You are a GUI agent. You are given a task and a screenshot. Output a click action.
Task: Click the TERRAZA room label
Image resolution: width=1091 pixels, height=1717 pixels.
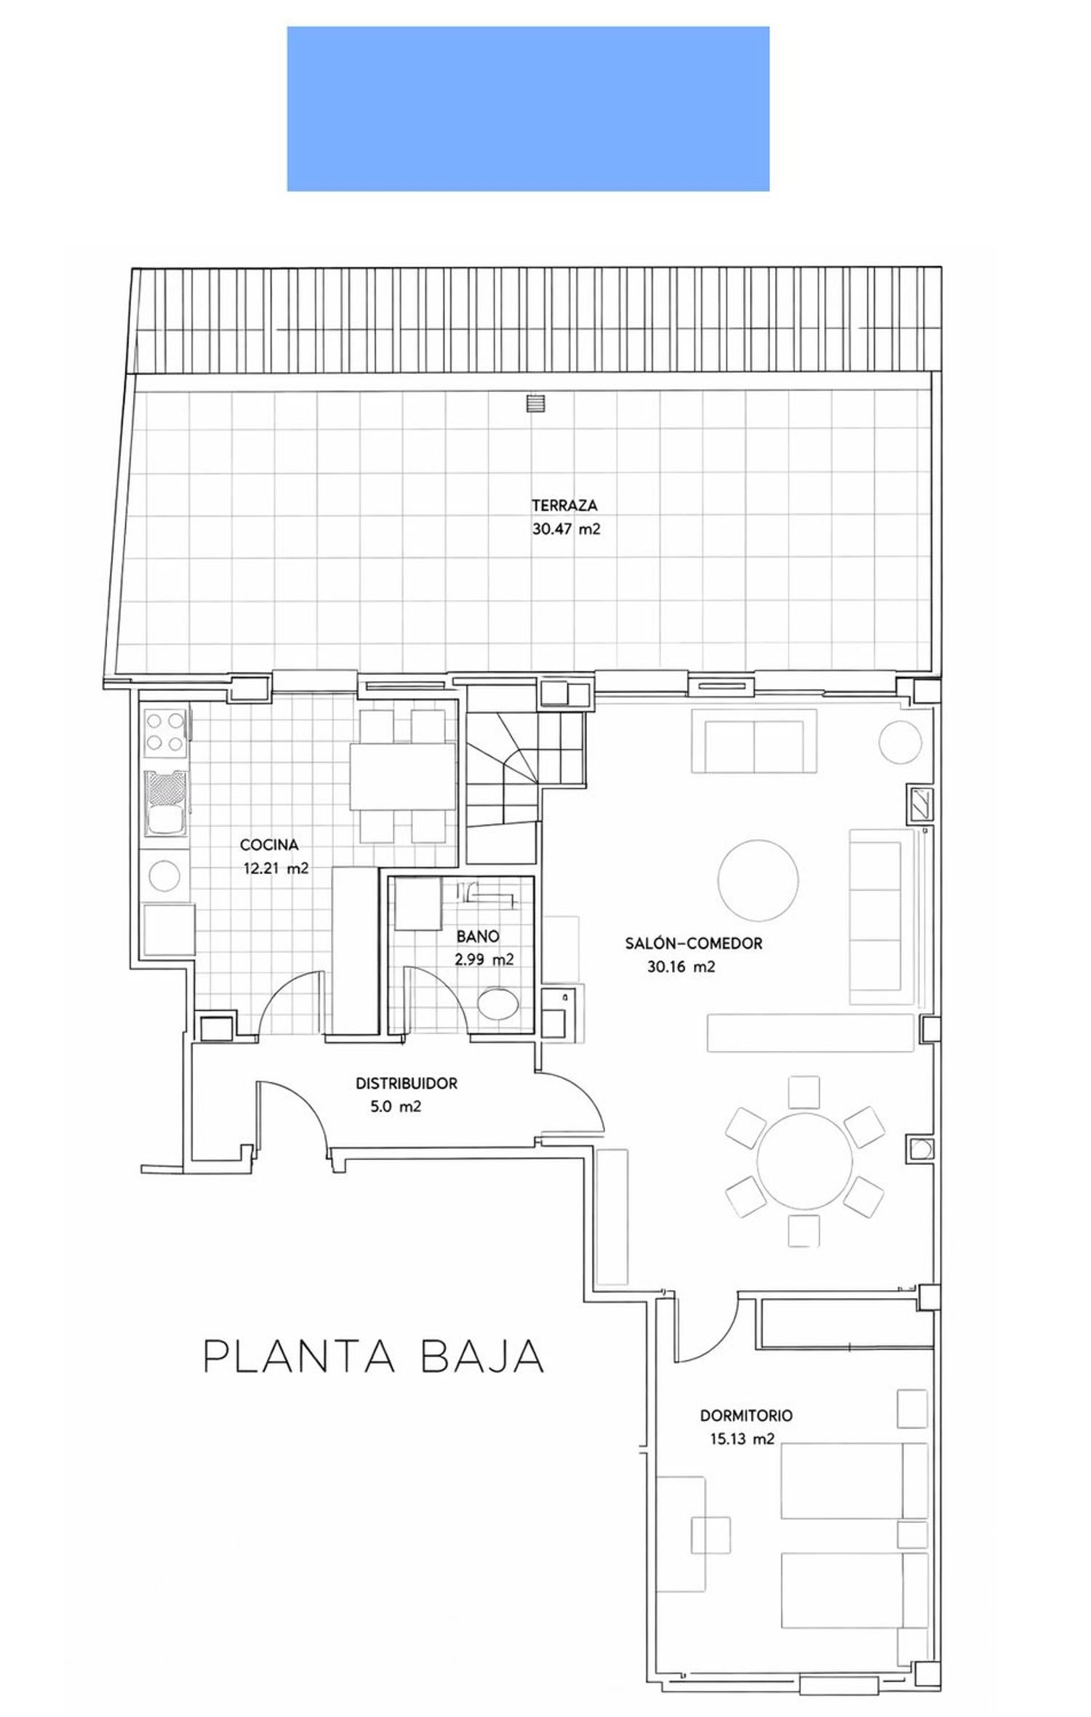(564, 505)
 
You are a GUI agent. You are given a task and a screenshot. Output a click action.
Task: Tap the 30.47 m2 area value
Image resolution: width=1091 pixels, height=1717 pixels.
(566, 529)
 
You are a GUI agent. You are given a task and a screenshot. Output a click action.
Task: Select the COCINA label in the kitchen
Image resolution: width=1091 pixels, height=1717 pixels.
(269, 845)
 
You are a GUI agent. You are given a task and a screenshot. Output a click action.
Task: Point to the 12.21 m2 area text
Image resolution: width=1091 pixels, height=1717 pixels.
(276, 868)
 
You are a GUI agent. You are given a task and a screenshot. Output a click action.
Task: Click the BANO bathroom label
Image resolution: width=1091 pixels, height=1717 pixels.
(478, 936)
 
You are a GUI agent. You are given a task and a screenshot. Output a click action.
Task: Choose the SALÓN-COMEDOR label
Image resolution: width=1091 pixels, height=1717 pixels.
(693, 944)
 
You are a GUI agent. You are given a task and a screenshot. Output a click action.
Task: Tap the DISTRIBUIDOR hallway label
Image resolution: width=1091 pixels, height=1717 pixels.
(406, 1084)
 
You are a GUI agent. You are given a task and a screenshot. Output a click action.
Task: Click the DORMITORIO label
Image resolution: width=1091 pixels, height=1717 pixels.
(746, 1415)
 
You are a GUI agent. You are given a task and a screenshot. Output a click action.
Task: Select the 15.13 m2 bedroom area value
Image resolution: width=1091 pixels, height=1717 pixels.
(742, 1438)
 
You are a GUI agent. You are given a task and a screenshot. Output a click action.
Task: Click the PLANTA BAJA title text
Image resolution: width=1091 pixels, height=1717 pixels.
(374, 1356)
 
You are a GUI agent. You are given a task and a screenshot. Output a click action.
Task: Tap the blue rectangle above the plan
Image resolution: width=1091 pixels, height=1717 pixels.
(528, 109)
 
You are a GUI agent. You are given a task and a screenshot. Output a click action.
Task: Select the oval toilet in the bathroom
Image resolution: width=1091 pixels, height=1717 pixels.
(499, 1004)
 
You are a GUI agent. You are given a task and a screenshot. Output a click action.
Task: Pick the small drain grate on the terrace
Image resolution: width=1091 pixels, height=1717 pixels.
(537, 402)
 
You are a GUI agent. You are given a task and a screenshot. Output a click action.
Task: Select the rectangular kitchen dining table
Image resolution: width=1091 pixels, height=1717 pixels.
(402, 776)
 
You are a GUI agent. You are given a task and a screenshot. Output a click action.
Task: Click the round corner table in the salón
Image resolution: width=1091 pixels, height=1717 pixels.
(900, 742)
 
